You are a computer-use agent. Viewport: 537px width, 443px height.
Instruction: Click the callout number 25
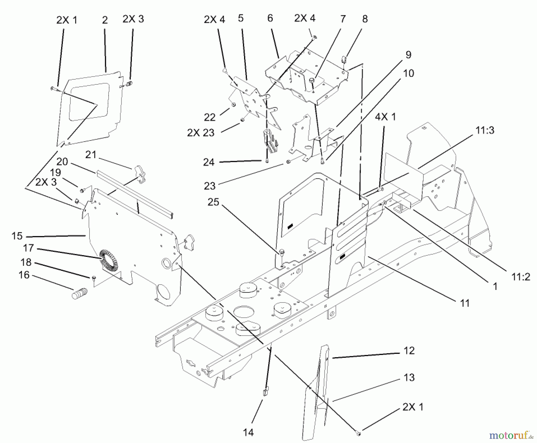[x=213, y=202]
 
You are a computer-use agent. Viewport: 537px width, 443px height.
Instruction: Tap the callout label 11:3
[x=485, y=130]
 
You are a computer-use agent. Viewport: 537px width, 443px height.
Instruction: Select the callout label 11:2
[x=521, y=277]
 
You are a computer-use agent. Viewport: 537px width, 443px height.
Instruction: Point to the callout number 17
[x=28, y=248]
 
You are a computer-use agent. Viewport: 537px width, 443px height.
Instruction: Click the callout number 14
[x=248, y=432]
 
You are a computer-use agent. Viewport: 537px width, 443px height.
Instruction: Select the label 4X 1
[x=385, y=117]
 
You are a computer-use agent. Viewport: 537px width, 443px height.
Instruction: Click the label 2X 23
[x=200, y=132]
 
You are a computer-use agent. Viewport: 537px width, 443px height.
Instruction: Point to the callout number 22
[x=209, y=117]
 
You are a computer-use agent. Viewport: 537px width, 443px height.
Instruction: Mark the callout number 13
[x=409, y=377]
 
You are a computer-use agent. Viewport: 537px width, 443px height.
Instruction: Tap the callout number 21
[x=91, y=155]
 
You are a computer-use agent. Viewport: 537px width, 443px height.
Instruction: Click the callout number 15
[x=17, y=236]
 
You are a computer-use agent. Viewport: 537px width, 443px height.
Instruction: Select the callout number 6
[x=270, y=18]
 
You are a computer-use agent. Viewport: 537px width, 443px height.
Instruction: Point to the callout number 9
[x=408, y=55]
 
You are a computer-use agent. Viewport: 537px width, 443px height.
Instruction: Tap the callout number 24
[x=209, y=162]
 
